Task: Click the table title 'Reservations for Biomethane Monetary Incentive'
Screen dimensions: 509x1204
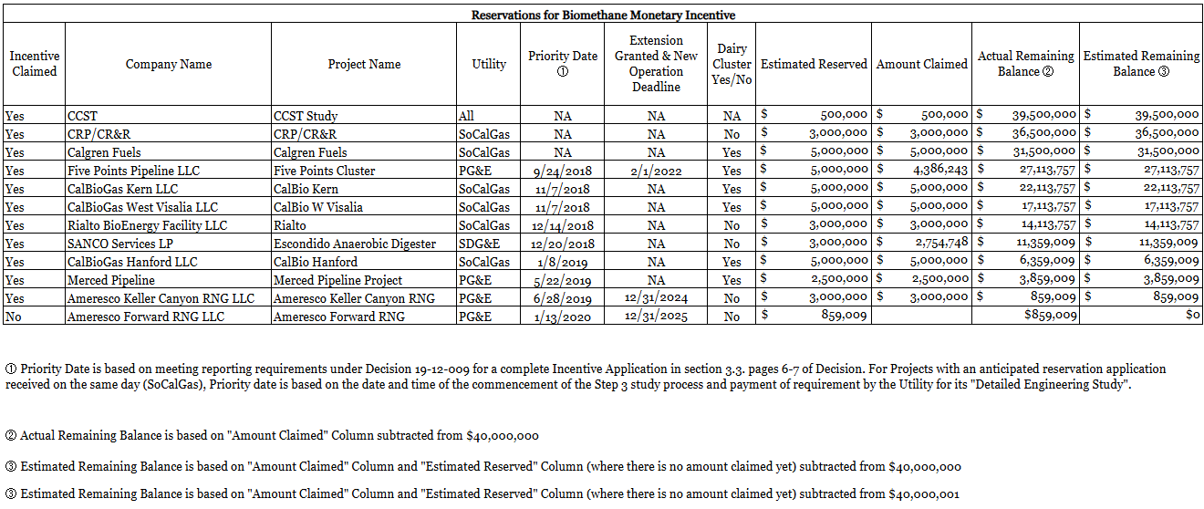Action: click(x=603, y=15)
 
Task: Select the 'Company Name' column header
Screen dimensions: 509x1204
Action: click(x=169, y=64)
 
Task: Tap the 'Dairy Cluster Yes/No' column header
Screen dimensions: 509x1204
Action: click(x=732, y=64)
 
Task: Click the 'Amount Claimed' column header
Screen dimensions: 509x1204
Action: click(x=921, y=64)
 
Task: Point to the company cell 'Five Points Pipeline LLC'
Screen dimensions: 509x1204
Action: click(x=133, y=171)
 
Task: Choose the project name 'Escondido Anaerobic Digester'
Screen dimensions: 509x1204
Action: click(x=354, y=244)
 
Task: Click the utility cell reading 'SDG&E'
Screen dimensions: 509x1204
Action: click(x=476, y=244)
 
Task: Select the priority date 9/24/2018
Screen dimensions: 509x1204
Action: click(x=562, y=171)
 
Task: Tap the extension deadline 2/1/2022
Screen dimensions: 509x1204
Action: click(x=656, y=171)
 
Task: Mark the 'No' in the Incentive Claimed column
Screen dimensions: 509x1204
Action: click(x=14, y=317)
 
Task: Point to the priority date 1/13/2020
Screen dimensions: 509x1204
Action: click(x=562, y=317)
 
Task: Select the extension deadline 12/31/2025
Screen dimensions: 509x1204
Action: click(x=656, y=317)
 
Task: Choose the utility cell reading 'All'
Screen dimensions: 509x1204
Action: click(x=466, y=116)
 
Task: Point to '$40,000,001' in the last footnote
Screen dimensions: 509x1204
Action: click(x=923, y=493)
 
